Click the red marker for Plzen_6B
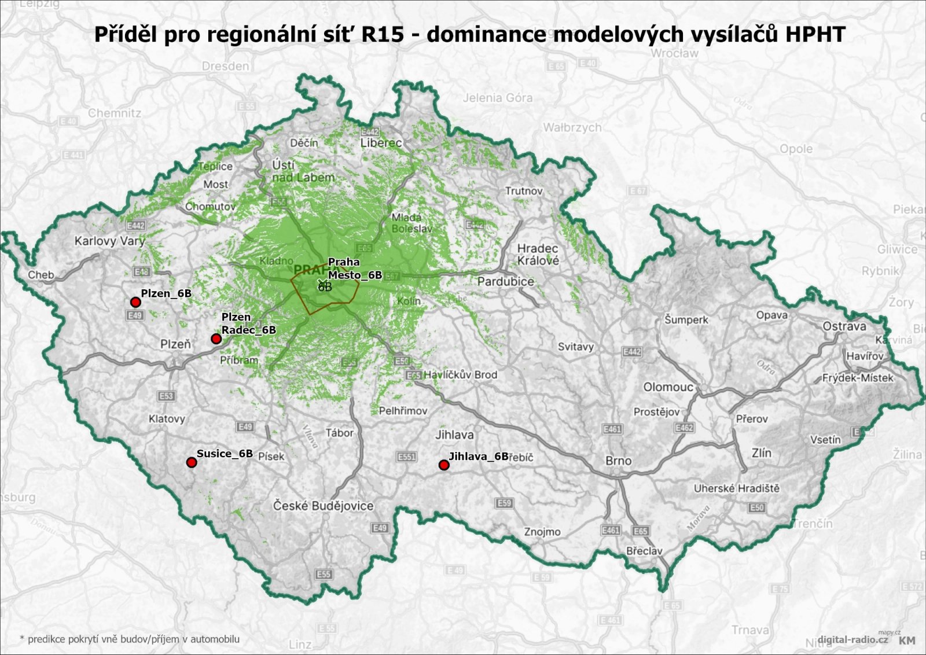135,302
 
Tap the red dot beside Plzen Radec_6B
216,338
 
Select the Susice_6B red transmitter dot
192,462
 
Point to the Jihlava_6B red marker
444,465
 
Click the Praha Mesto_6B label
354,268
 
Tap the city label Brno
618,461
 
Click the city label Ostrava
844,326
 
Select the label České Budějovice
323,506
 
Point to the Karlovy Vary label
109,241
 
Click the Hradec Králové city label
538,255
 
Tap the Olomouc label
668,387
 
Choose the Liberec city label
381,142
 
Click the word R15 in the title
382,34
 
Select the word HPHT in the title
815,34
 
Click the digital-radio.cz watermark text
852,639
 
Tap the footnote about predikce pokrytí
129,639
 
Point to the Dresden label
225,66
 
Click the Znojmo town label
542,532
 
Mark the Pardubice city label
505,281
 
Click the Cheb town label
41,275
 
